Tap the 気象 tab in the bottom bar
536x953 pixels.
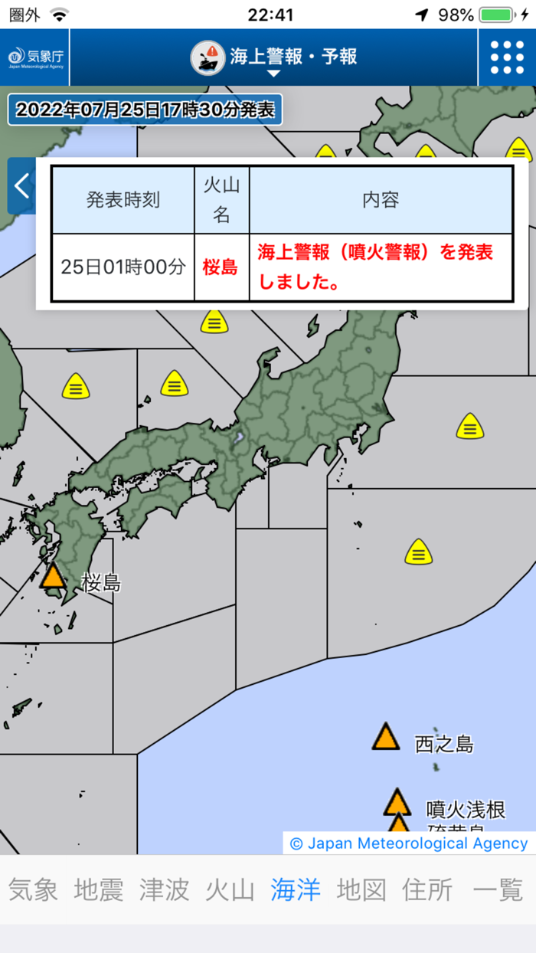coord(33,889)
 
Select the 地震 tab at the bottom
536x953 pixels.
coord(99,889)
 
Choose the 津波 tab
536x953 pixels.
coord(164,889)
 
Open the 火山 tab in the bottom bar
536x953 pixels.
coord(230,889)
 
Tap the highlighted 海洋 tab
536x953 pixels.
coord(296,889)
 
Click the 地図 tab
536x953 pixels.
coord(361,889)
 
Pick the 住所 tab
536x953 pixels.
coord(427,889)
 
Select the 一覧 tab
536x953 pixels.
coord(498,889)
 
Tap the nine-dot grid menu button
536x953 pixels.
coord(507,57)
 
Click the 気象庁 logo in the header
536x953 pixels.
coord(35,57)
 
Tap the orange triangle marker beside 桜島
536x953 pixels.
coord(53,576)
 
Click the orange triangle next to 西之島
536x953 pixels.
coord(386,737)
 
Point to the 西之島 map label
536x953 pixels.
coord(444,744)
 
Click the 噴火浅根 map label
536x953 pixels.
coord(466,809)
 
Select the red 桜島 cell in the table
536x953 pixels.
coord(221,267)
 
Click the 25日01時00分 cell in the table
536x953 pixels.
coord(123,267)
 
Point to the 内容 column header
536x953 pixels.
coord(381,201)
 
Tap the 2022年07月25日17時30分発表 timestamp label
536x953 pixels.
coord(145,110)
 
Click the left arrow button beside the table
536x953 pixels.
coord(21,185)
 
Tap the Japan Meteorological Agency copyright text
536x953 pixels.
coord(409,843)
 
